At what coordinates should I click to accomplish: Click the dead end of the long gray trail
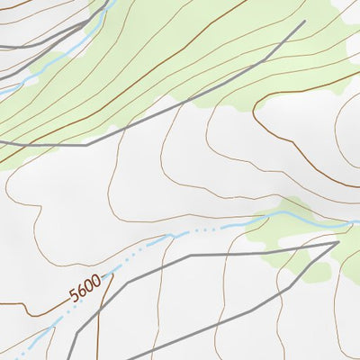click(x=304, y=22)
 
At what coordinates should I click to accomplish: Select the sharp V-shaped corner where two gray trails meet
click(x=337, y=241)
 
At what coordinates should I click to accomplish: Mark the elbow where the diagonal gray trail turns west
click(x=87, y=144)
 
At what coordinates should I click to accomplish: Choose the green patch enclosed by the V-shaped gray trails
click(x=297, y=256)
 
